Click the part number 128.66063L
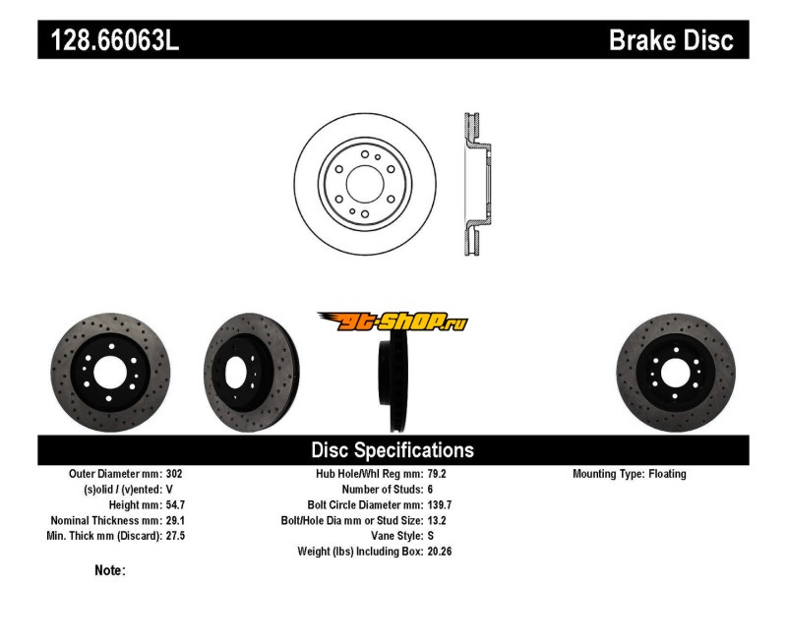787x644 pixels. pos(115,40)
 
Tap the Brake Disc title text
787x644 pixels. pos(671,40)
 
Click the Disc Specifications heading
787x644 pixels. pos(393,450)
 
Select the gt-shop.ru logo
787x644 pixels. pos(393,322)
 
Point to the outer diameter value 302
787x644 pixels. pos(174,474)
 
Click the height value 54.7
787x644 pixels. pos(176,505)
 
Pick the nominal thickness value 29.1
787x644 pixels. pos(176,521)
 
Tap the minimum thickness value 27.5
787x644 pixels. pos(176,536)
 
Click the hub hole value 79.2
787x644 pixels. pos(437,474)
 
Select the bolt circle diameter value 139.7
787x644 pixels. pos(440,505)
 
